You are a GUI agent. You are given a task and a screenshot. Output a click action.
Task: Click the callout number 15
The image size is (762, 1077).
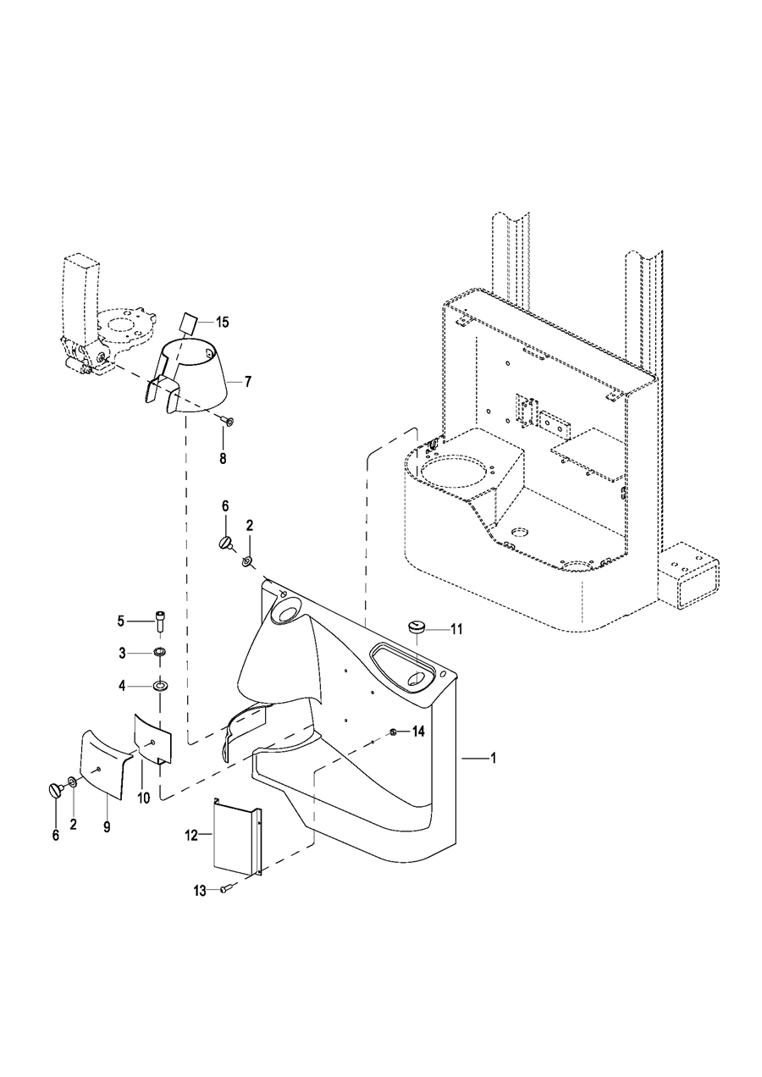coord(222,322)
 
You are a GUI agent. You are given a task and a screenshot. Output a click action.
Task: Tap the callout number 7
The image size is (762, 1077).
coord(247,382)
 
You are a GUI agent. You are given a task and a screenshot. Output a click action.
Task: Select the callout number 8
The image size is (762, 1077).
coord(223,458)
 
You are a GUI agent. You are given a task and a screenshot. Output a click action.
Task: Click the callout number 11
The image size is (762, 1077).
coord(456,629)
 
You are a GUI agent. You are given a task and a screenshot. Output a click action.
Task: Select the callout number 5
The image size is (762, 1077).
coord(121,621)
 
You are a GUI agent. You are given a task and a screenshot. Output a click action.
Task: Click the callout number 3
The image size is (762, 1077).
coord(122,653)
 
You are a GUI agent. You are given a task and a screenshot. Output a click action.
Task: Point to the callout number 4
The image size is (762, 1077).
coord(122,686)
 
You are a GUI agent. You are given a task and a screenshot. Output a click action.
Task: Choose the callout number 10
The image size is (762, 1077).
coord(144,798)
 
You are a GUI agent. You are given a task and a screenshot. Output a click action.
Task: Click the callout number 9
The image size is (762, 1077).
coord(107,826)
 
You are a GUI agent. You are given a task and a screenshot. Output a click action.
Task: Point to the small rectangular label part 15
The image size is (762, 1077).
coord(188,323)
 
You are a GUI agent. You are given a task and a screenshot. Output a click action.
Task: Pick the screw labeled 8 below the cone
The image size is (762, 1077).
coord(228,421)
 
